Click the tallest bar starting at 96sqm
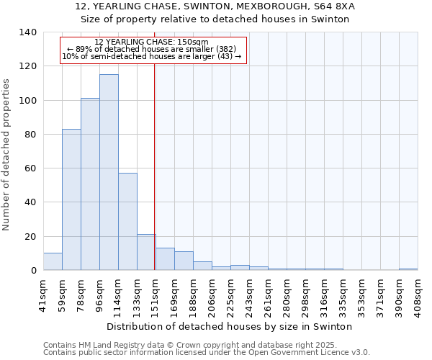(109, 173)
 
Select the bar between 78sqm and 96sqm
(90, 184)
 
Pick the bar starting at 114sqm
(127, 222)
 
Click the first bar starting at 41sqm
(53, 262)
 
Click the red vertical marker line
(155, 166)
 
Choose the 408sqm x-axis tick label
(418, 295)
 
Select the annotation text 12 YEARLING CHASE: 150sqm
(151, 42)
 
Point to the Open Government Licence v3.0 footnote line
(207, 353)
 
